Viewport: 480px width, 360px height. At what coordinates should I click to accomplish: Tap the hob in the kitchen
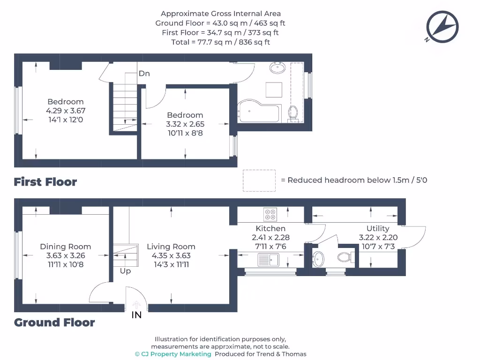click(x=270, y=214)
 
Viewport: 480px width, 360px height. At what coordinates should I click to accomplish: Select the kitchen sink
click(x=268, y=259)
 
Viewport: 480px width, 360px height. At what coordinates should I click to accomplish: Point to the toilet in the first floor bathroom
click(x=293, y=112)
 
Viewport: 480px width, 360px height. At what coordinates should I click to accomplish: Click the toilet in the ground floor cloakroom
click(x=345, y=257)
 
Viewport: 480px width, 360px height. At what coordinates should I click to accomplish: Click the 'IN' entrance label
click(x=136, y=315)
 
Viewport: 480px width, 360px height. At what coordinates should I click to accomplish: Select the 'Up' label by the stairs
click(x=125, y=271)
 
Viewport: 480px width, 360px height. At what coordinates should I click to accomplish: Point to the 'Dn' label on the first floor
click(x=144, y=74)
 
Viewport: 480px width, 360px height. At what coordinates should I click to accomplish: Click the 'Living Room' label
click(x=171, y=247)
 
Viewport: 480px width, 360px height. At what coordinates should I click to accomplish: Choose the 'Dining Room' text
click(x=66, y=247)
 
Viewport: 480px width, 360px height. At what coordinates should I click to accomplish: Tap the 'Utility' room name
click(x=378, y=228)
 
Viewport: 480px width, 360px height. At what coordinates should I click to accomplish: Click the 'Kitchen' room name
click(x=270, y=228)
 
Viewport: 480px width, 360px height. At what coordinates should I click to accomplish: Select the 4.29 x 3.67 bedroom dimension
click(x=66, y=111)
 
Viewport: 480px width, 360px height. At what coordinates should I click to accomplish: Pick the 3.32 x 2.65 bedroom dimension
click(x=185, y=124)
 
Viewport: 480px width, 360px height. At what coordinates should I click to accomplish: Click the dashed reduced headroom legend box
click(x=259, y=180)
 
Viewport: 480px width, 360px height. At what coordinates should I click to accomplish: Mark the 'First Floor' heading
click(x=45, y=182)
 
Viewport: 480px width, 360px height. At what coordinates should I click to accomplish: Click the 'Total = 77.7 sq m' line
click(x=220, y=42)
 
